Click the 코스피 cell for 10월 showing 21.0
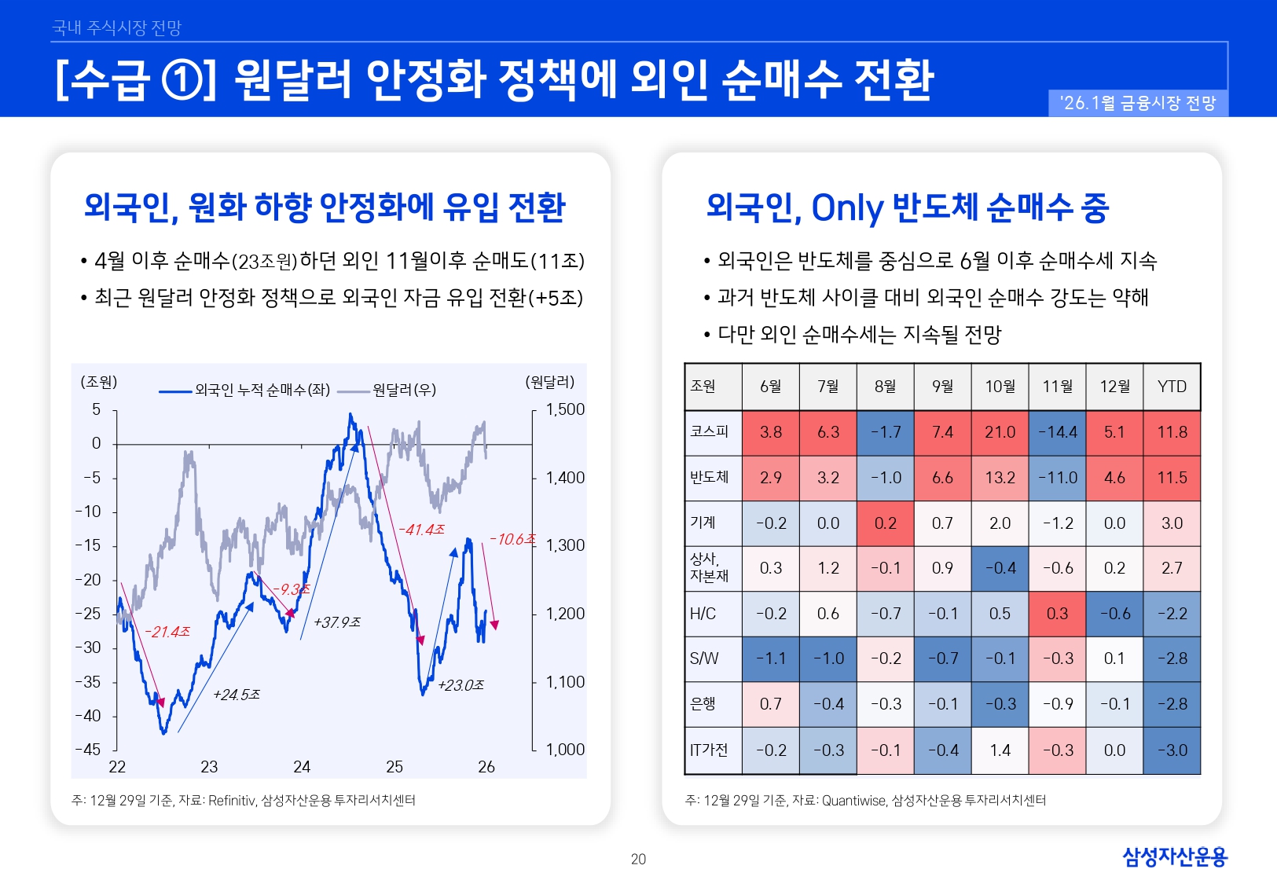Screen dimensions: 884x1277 (1000, 432)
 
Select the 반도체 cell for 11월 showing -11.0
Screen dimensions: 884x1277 (1057, 478)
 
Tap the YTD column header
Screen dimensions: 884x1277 (1172, 387)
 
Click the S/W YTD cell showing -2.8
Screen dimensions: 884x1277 (1172, 658)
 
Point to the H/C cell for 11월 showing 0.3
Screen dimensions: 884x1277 (1057, 614)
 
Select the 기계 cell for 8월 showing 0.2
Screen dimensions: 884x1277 (885, 523)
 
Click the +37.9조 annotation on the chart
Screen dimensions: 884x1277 (336, 622)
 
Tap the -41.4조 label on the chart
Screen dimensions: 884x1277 (421, 530)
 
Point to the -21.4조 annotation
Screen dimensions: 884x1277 (167, 632)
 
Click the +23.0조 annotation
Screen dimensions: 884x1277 (461, 685)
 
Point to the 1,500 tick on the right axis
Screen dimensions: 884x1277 (565, 409)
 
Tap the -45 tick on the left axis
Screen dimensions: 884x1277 (89, 750)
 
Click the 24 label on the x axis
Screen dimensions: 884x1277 (302, 767)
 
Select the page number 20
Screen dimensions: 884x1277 (638, 860)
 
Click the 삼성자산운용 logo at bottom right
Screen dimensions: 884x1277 (1174, 856)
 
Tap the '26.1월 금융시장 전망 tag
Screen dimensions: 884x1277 (1138, 103)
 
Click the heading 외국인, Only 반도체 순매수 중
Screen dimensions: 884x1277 (907, 207)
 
